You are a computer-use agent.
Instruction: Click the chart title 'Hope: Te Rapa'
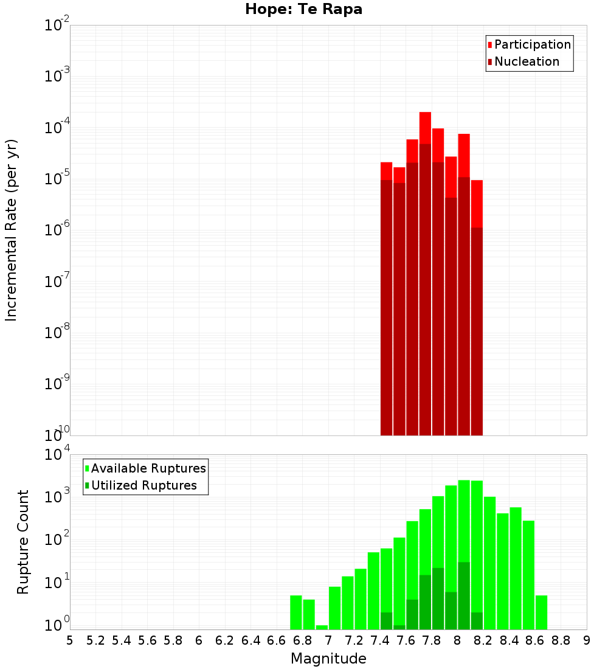tap(303, 10)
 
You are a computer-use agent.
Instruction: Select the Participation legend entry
tap(529, 44)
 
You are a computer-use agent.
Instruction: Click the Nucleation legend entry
tap(523, 61)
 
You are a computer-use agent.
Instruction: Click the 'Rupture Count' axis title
tap(23, 542)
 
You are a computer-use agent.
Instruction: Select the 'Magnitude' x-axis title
tap(328, 659)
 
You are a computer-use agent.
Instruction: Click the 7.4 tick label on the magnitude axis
tap(380, 640)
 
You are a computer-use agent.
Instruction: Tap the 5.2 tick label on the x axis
tap(95, 640)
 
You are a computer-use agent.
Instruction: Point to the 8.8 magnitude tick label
tap(561, 640)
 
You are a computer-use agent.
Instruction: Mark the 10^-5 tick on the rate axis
tap(57, 179)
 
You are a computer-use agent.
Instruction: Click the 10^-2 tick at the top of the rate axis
tap(57, 26)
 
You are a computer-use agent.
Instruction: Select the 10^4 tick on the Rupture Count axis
tap(57, 455)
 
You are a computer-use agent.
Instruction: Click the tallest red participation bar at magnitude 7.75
tap(425, 128)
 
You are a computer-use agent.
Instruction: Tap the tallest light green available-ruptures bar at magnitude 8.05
tap(464, 517)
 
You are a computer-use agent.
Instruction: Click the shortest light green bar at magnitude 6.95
tap(322, 627)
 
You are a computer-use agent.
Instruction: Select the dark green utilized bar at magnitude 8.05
tap(464, 596)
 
